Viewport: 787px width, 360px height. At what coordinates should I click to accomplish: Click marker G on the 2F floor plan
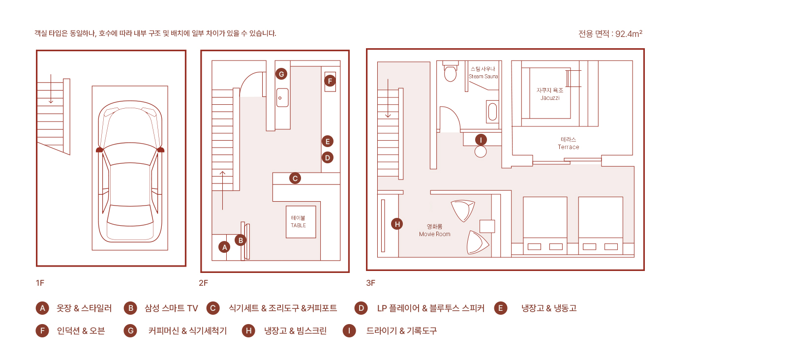coord(281,74)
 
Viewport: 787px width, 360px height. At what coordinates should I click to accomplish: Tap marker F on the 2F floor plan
coord(330,81)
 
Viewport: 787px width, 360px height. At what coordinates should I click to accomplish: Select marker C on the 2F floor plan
coord(295,179)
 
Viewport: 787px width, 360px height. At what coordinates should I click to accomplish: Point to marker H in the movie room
coord(397,224)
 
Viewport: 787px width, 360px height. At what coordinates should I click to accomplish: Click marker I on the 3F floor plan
coord(481,140)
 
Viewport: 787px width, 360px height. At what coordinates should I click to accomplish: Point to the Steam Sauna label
coord(483,73)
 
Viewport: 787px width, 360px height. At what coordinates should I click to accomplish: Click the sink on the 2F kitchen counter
coord(282,97)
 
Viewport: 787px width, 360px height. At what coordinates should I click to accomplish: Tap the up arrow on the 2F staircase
coord(222,190)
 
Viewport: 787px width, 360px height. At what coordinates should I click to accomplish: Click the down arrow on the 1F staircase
coord(51,89)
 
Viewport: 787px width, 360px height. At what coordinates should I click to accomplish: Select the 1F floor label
coord(40,283)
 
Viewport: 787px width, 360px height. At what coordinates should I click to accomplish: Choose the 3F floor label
coord(371,283)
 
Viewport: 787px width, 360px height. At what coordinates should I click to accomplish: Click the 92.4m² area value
coord(629,33)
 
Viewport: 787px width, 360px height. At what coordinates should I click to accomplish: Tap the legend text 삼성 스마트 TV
coord(171,308)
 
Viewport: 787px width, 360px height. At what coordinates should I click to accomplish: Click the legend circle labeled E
coord(501,308)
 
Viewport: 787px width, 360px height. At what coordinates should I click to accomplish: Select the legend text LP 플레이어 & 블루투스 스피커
coord(431,308)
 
